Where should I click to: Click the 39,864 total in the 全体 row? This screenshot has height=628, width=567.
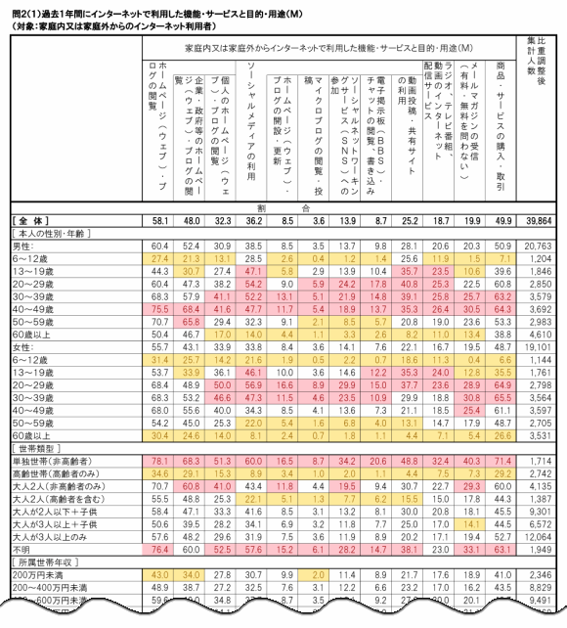coord(540,220)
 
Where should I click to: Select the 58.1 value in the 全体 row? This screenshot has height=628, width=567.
coord(161,220)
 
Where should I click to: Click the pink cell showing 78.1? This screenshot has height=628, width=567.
coord(161,460)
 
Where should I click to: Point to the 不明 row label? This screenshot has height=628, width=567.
coord(23,549)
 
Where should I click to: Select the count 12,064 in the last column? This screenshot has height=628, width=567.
coord(540,536)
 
